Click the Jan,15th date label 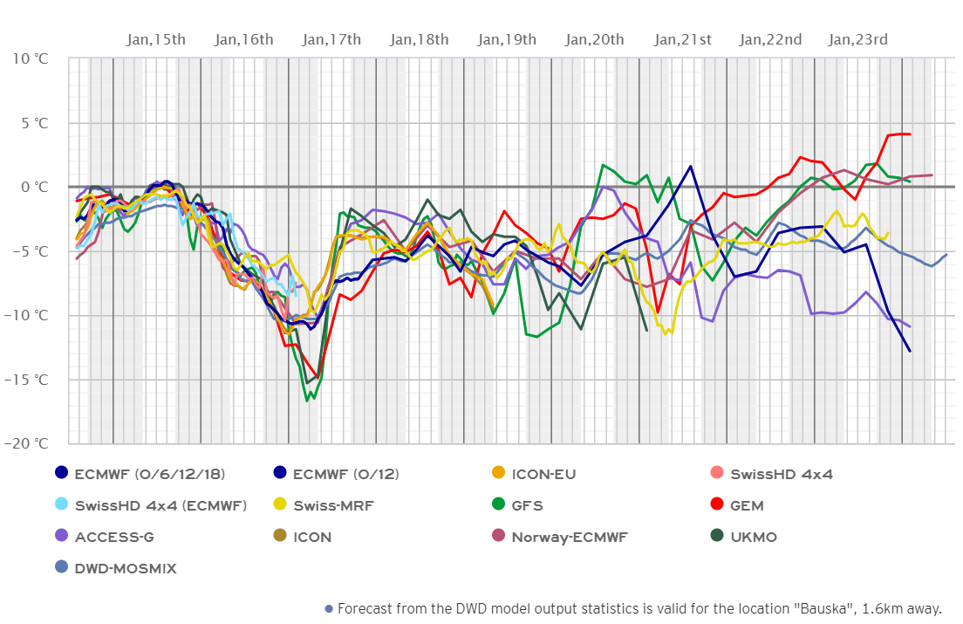pyautogui.click(x=156, y=39)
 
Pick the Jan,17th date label pyautogui.click(x=331, y=39)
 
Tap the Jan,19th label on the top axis pyautogui.click(x=507, y=39)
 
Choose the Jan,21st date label pyautogui.click(x=683, y=39)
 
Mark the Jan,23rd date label pyautogui.click(x=858, y=39)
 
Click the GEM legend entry pyautogui.click(x=748, y=505)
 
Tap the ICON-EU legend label pyautogui.click(x=543, y=474)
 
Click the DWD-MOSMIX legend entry pyautogui.click(x=126, y=568)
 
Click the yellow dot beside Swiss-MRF pyautogui.click(x=279, y=505)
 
